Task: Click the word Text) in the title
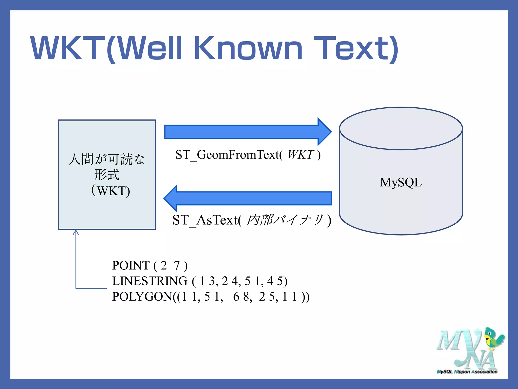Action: click(356, 49)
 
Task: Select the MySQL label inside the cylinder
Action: click(401, 182)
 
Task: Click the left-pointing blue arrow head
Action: click(171, 198)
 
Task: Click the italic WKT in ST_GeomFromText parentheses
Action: click(300, 155)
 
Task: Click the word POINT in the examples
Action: click(131, 265)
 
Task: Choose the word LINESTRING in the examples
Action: click(150, 281)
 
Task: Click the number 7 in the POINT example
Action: click(177, 265)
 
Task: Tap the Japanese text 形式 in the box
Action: click(107, 175)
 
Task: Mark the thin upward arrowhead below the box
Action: click(76, 232)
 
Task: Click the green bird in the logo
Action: click(492, 338)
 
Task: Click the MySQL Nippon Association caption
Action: click(467, 372)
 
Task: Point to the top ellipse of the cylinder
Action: click(401, 128)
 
